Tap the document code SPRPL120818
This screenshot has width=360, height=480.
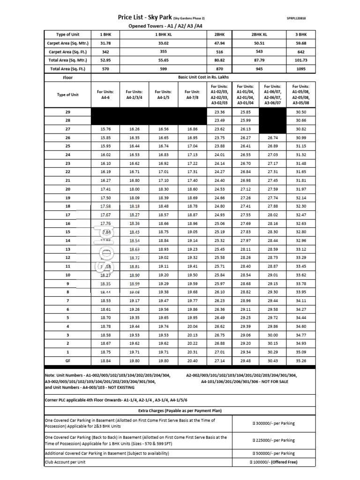(x=296, y=19)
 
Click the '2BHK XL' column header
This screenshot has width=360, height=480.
(x=259, y=35)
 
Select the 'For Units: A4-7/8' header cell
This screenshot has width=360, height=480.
(x=192, y=95)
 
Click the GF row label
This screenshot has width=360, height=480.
(x=68, y=361)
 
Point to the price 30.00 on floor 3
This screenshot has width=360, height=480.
(x=272, y=335)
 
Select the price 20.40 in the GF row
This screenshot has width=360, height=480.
(x=192, y=361)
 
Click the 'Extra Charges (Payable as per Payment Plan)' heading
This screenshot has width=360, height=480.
(x=180, y=411)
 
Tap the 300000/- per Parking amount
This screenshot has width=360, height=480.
(x=274, y=423)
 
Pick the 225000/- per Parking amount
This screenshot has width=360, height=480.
(x=274, y=441)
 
